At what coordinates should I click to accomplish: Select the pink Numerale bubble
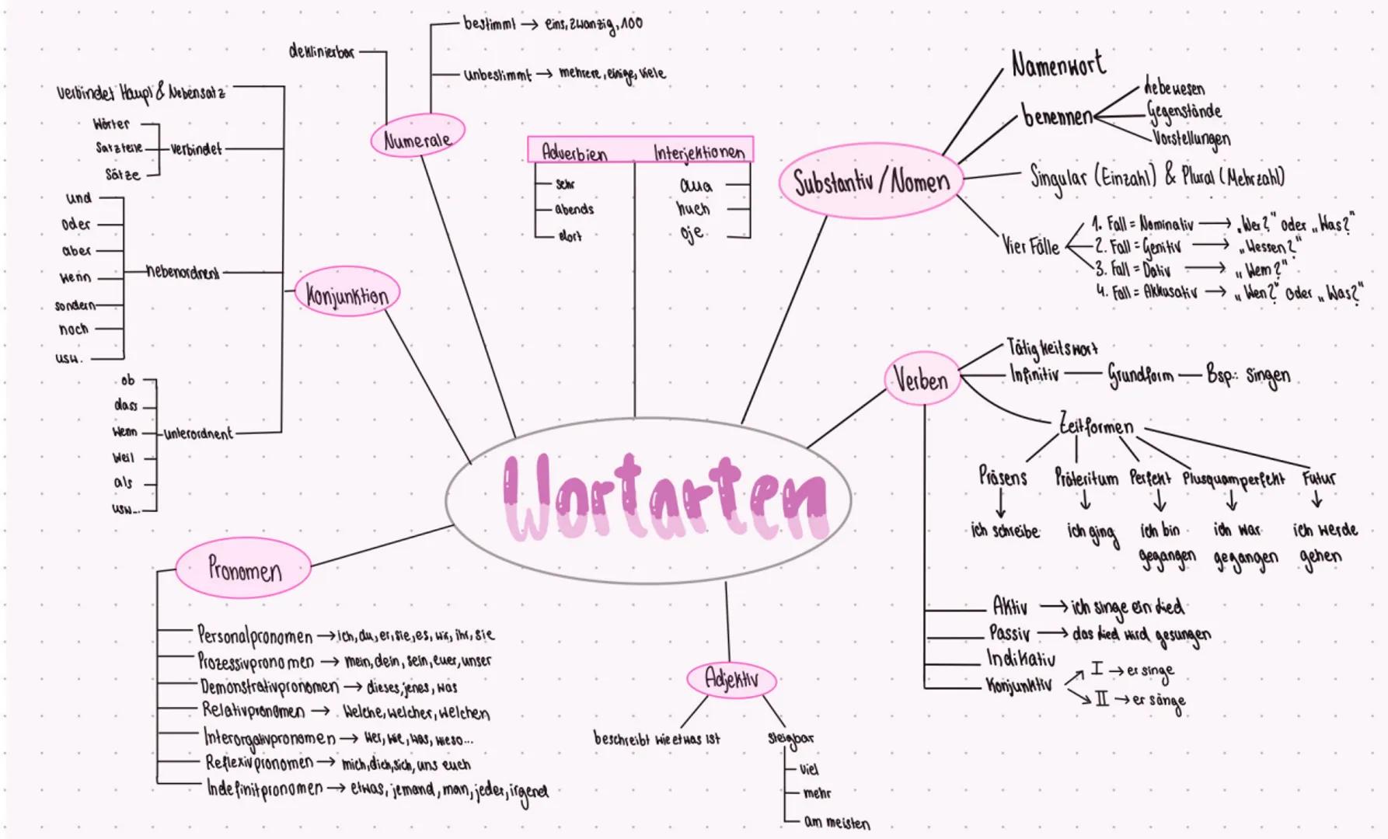pos(417,138)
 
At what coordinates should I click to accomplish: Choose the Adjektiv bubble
pos(731,680)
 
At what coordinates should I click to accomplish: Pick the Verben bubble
pos(921,380)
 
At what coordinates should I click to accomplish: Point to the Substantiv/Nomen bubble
pos(871,182)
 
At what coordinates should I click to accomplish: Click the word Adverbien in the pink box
pos(574,152)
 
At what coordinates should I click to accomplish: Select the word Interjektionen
pos(699,152)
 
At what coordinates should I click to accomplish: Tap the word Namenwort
pos(1058,64)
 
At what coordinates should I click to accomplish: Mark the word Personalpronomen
pos(254,636)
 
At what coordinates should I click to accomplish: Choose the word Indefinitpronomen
pos(264,789)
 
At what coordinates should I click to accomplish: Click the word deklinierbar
pos(321,52)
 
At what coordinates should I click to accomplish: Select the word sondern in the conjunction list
pos(75,305)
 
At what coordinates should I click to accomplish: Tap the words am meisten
pos(836,822)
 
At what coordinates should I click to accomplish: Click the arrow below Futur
pos(1317,500)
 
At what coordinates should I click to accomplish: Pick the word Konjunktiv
pos(1019,685)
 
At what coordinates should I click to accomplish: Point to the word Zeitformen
pos(1097,426)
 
